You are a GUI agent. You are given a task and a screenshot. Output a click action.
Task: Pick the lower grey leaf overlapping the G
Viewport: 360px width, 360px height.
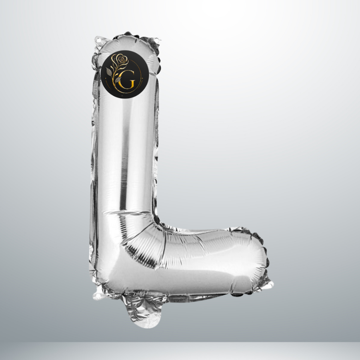(x=118, y=80)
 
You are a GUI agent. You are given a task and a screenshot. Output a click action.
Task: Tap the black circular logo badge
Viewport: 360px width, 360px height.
(x=125, y=74)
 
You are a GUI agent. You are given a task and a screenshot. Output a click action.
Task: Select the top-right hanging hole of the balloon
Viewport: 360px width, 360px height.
(x=157, y=41)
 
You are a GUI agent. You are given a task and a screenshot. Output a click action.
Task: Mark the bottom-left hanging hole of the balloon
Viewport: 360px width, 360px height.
(x=98, y=296)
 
